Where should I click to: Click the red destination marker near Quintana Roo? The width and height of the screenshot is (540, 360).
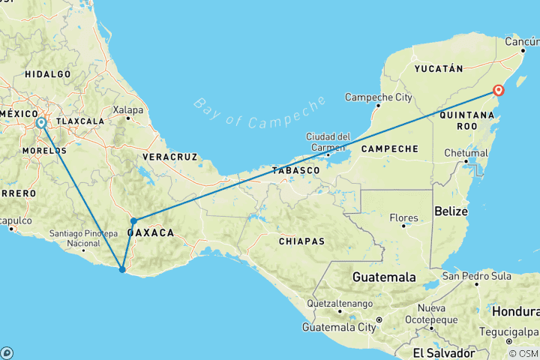pyautogui.click(x=498, y=91)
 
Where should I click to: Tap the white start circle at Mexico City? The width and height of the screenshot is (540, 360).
pyautogui.click(x=41, y=122)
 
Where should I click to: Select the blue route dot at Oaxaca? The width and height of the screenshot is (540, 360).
pyautogui.click(x=133, y=220)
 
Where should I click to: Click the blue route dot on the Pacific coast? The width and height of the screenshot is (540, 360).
pyautogui.click(x=122, y=269)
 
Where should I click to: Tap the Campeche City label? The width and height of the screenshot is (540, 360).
pyautogui.click(x=378, y=97)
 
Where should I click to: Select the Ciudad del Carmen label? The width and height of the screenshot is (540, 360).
pyautogui.click(x=328, y=141)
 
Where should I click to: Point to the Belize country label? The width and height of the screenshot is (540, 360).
pyautogui.click(x=451, y=212)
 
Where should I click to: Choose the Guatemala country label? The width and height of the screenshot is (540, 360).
pyautogui.click(x=384, y=277)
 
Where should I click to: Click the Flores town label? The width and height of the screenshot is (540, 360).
pyautogui.click(x=403, y=218)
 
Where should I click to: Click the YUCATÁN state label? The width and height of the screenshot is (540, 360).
pyautogui.click(x=433, y=68)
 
